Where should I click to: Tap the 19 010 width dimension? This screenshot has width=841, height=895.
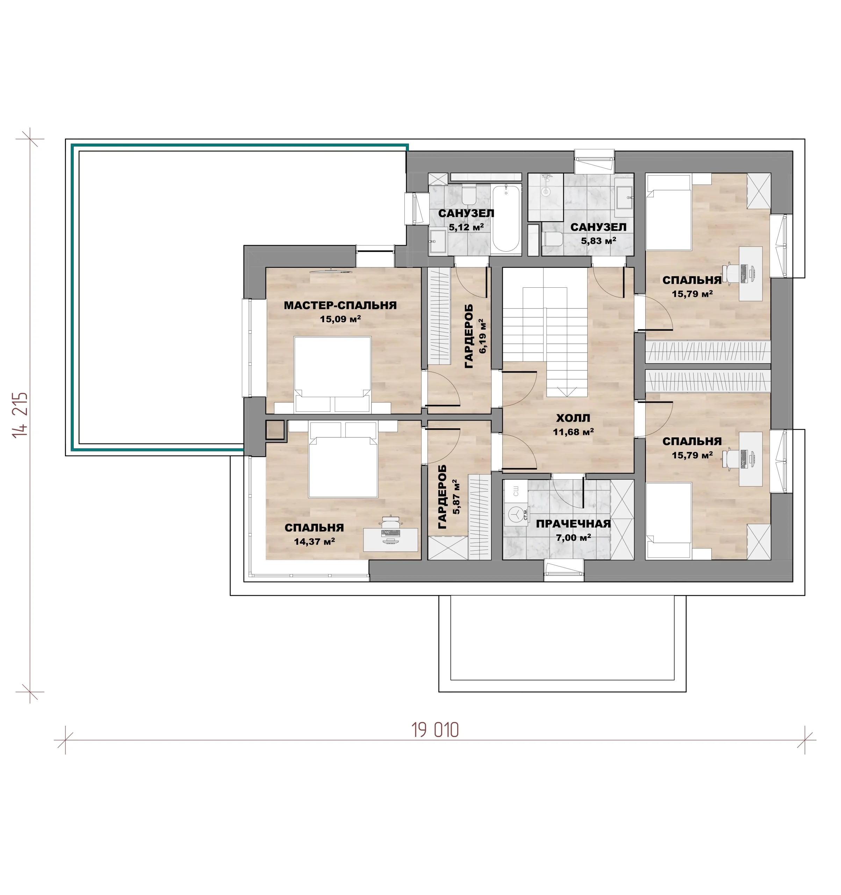(435, 730)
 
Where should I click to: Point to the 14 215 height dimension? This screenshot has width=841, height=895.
(20, 415)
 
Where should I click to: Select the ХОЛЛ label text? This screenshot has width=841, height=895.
(573, 418)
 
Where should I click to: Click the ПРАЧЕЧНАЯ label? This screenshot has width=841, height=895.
(573, 524)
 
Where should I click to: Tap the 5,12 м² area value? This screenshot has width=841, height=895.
(466, 227)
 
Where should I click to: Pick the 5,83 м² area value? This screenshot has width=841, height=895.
(598, 241)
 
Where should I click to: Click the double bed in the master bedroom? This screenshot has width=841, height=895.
(333, 374)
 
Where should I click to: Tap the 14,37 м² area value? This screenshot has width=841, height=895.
(314, 541)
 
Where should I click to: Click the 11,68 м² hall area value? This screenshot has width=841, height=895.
(573, 432)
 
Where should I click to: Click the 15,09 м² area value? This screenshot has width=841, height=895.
(340, 319)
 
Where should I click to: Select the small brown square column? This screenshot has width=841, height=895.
(275, 430)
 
